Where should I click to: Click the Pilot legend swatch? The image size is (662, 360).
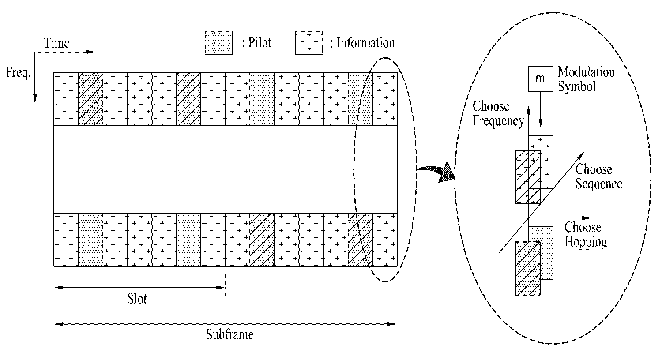[x=218, y=43]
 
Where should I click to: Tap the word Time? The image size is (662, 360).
[x=56, y=43]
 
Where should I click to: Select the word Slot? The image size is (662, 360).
[x=137, y=299]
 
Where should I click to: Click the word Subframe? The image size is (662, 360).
[x=229, y=334]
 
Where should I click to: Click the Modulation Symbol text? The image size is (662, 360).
[x=586, y=79]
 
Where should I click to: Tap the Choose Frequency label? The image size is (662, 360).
[x=497, y=113]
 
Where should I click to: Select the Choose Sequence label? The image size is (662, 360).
[x=598, y=176]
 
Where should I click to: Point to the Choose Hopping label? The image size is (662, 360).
[x=586, y=235]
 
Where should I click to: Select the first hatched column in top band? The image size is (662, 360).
[x=90, y=99]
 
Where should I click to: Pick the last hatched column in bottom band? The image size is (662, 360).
[x=360, y=240]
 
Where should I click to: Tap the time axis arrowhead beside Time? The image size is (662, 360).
[x=91, y=52]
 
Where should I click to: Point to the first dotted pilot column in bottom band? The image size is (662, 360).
[x=90, y=240]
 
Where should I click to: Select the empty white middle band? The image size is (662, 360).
[x=225, y=169]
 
